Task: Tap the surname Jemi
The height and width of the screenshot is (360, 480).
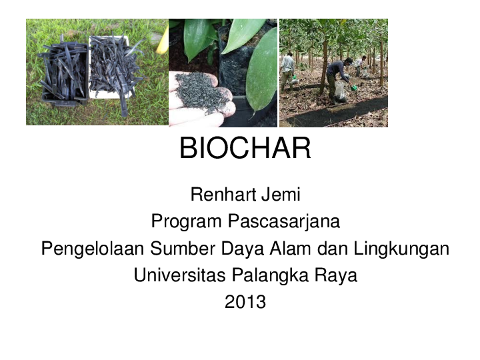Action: (281, 195)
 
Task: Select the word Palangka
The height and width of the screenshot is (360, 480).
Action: (273, 275)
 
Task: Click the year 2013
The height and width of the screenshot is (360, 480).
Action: (245, 302)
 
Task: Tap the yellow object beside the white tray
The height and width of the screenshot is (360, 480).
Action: (163, 41)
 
